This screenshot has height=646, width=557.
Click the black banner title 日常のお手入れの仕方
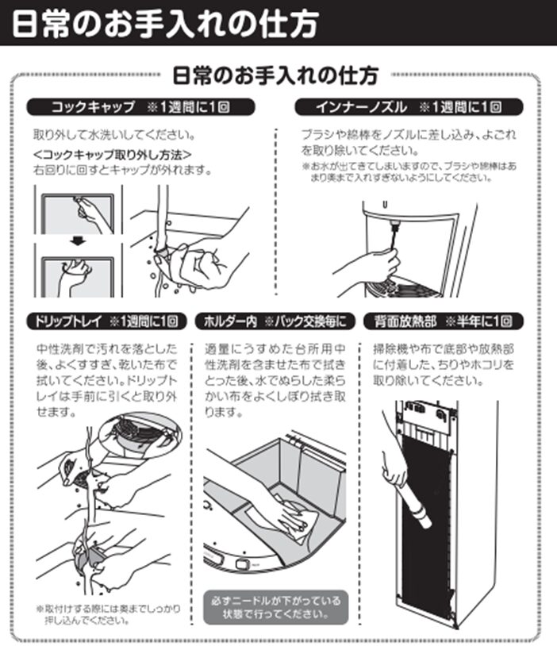165,24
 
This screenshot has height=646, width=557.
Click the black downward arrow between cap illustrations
78,240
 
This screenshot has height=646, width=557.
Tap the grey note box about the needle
275,607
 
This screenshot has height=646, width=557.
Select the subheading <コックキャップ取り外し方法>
112,155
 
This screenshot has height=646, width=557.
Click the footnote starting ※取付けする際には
109,614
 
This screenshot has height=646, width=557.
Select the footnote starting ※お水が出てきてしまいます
409,171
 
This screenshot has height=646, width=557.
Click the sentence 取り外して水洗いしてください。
114,135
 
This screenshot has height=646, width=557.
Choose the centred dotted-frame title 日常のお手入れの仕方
275,76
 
